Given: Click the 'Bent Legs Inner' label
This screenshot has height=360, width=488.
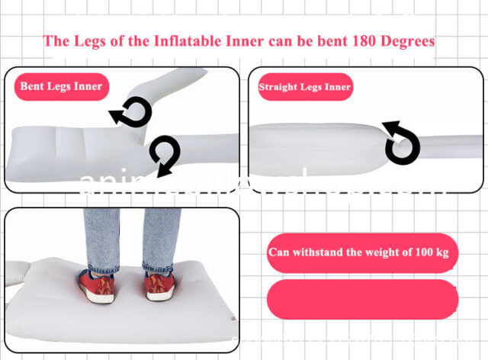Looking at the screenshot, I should point(60,86).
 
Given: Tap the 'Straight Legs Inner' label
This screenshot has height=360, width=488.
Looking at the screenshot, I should point(304,87).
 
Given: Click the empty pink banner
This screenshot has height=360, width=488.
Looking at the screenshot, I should point(362,299).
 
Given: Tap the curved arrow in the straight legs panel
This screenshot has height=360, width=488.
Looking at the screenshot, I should point(401,142).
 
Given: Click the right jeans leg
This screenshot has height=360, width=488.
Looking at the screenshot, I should point(160,236).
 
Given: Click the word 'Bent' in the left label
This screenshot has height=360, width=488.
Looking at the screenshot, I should point(33,86).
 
